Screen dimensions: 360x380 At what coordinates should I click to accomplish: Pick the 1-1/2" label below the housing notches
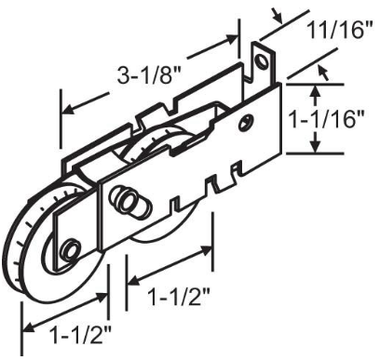coord(178,297)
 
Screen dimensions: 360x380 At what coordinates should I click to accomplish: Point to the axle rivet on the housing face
coord(127,201)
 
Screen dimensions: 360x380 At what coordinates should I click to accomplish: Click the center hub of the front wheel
coord(69,250)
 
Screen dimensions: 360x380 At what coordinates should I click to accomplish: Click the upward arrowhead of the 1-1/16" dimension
coord(317,89)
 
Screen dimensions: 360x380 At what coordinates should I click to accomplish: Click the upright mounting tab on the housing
coord(264,65)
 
